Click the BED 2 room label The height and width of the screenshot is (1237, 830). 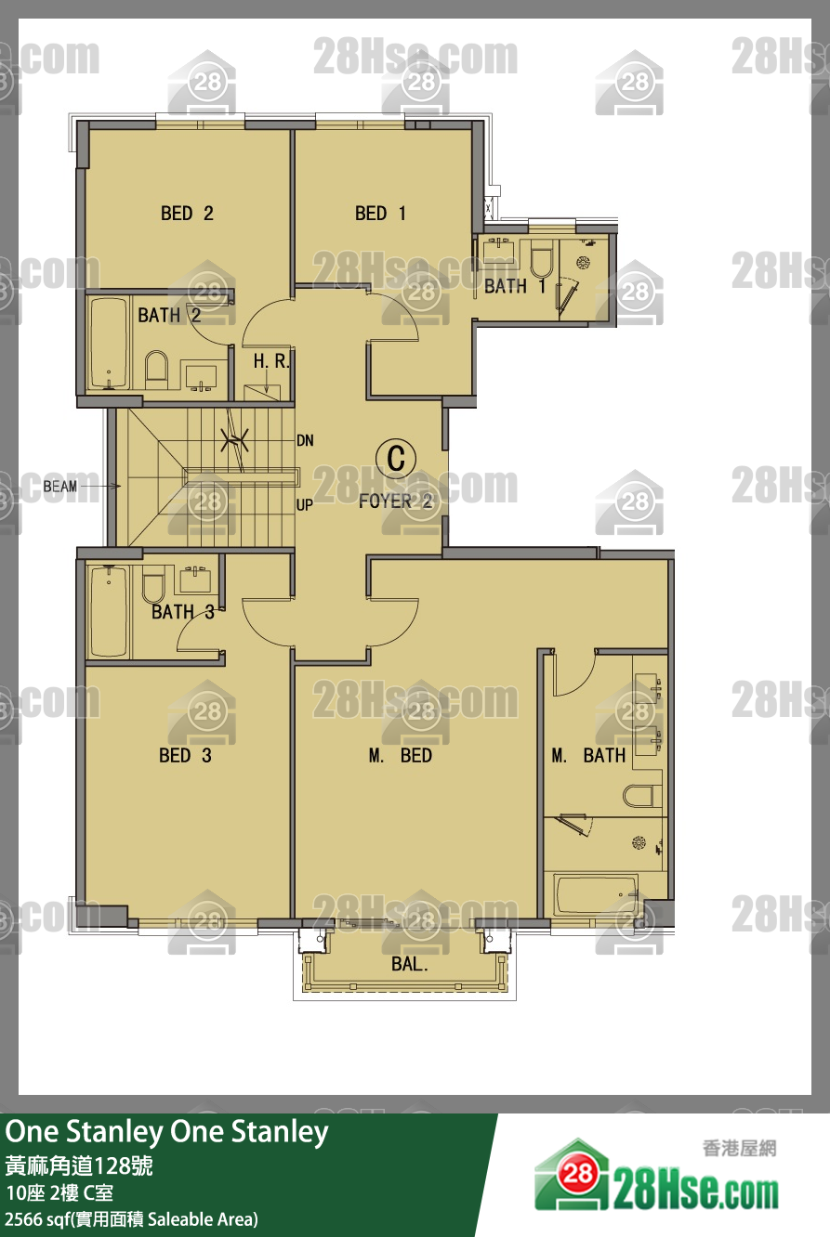tap(187, 214)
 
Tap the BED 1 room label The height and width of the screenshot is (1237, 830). tap(380, 214)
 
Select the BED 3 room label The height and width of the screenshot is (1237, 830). tap(185, 755)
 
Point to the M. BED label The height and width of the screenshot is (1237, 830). tap(400, 755)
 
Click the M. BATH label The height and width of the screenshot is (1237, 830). tap(588, 755)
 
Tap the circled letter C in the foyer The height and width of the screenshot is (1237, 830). tap(396, 458)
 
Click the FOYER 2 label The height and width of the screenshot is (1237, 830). tap(395, 501)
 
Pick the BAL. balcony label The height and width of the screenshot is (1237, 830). tap(410, 964)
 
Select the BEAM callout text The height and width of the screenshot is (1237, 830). tap(60, 487)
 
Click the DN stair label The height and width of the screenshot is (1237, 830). tap(305, 440)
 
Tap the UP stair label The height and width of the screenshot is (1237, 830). tap(305, 505)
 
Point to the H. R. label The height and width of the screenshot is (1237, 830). tap(270, 361)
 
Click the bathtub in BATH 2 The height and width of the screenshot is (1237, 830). tap(109, 343)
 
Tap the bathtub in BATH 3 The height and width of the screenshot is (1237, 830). tap(109, 611)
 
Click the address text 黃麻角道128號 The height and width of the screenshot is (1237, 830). tap(79, 1165)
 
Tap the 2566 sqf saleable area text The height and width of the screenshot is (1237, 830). tap(132, 1218)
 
